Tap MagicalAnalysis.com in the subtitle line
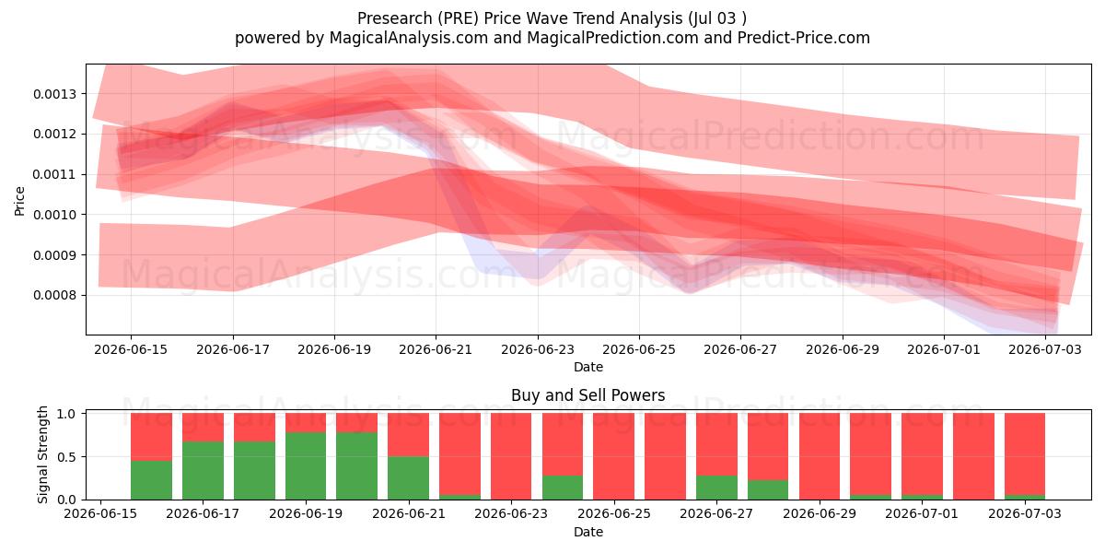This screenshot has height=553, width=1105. [409, 38]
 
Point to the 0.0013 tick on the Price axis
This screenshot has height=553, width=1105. [55, 94]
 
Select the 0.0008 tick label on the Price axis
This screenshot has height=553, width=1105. [55, 295]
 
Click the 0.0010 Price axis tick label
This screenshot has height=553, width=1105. [55, 215]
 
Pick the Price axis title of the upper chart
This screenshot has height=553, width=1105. [19, 201]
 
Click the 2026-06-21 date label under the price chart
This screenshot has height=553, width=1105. [436, 349]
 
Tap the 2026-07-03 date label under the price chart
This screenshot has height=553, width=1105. [1045, 349]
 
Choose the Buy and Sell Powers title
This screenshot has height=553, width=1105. [588, 395]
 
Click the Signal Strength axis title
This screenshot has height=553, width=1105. [43, 454]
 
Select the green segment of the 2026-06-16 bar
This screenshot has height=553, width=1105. [151, 480]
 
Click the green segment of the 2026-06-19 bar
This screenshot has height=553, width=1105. [306, 465]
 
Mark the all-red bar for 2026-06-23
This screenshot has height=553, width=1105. [511, 456]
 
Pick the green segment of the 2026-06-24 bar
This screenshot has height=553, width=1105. [563, 488]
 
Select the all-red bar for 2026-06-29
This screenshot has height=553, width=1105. [820, 456]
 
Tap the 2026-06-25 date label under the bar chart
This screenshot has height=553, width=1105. [614, 513]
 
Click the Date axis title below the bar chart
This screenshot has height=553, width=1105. [588, 532]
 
